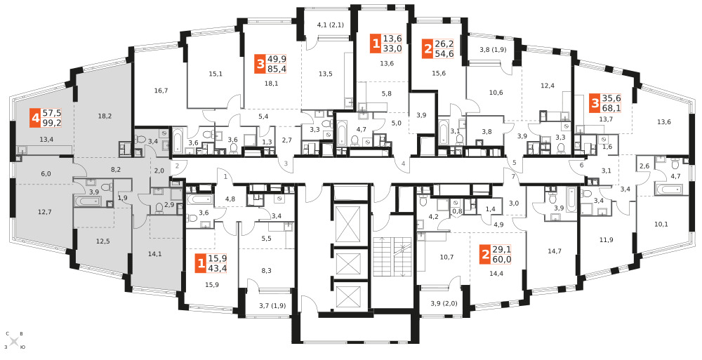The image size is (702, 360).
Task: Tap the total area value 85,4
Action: tap(277, 69)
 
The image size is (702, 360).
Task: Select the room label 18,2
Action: tap(105, 116)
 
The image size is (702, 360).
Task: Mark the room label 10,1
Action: tap(661, 225)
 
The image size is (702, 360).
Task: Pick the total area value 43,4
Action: tap(218, 268)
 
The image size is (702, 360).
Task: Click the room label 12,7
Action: tap(44, 212)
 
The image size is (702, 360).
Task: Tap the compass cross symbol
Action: tap(14, 342)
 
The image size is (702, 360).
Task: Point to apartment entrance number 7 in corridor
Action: tap(514, 177)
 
